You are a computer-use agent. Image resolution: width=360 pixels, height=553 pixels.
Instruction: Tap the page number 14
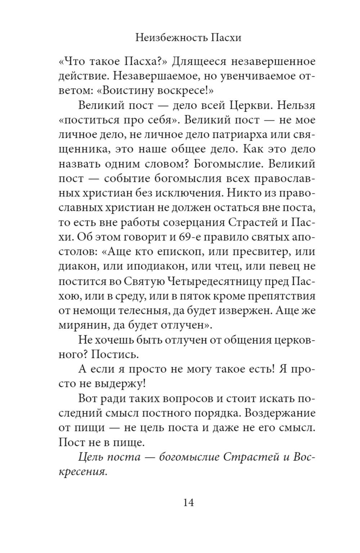pyautogui.click(x=188, y=502)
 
